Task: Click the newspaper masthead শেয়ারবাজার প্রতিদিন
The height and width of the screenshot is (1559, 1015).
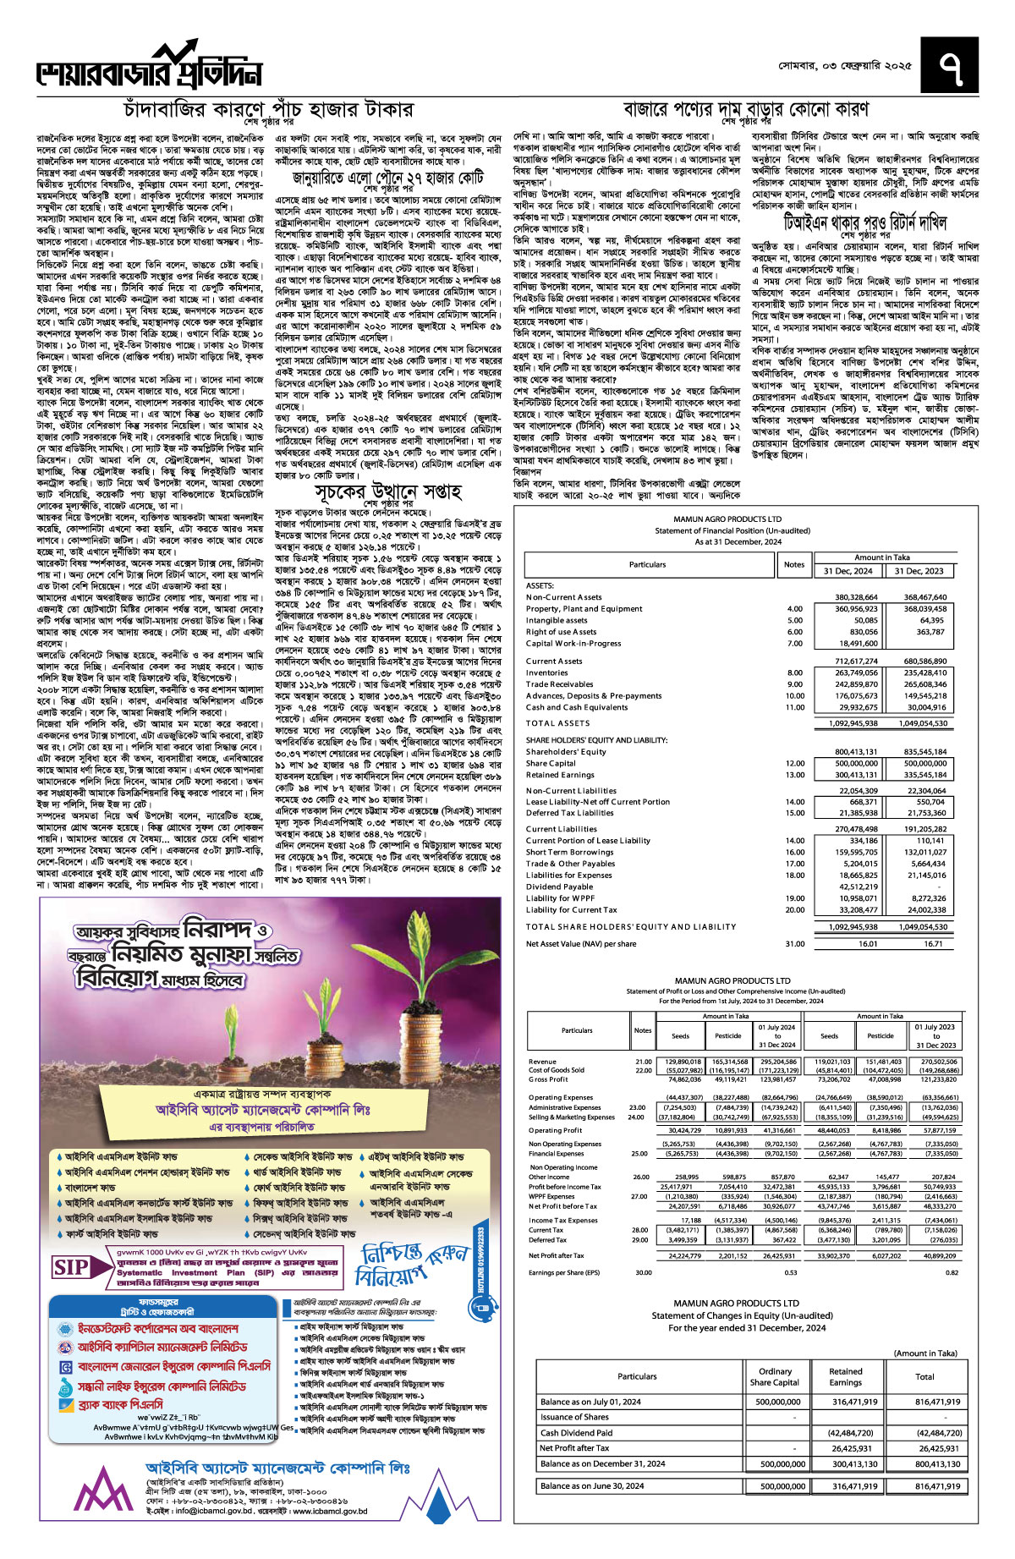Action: (x=149, y=70)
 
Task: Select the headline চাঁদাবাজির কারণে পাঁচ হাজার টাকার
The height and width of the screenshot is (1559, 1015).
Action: (x=269, y=110)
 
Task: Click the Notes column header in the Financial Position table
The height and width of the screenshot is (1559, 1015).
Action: (x=793, y=564)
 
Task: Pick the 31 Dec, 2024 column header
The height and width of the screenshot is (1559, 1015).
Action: (x=848, y=571)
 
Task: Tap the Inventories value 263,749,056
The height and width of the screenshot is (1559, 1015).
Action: (x=856, y=672)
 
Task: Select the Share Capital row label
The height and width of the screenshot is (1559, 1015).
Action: (x=551, y=763)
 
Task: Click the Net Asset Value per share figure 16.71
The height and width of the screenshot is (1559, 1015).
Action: (x=933, y=943)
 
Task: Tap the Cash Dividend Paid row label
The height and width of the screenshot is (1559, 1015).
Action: (x=576, y=1433)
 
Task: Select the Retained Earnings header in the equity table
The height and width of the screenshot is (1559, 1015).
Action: (x=845, y=1377)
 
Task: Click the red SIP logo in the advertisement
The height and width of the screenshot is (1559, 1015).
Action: (x=71, y=1266)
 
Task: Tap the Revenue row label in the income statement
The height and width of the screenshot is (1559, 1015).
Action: (x=542, y=1061)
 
